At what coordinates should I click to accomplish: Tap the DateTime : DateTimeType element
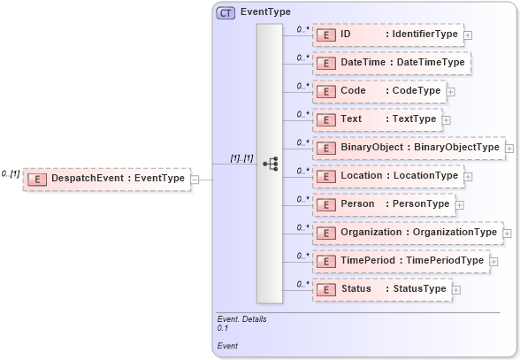390,63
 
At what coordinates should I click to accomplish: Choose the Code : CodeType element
379,91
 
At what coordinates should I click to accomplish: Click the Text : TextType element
377,119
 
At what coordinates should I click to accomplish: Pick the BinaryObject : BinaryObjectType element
408,148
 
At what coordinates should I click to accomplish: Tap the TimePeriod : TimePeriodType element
401,261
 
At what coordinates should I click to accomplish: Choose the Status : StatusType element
382,289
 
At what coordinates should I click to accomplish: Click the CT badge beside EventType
226,12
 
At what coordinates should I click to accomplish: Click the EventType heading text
265,12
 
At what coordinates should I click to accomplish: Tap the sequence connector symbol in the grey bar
270,164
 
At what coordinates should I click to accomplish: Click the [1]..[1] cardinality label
241,158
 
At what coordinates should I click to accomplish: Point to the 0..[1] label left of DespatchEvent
11,173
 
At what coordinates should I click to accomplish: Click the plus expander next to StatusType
456,289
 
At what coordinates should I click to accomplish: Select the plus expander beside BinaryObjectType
509,148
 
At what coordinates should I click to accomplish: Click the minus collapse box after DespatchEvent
206,179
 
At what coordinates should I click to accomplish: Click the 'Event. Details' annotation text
241,318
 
